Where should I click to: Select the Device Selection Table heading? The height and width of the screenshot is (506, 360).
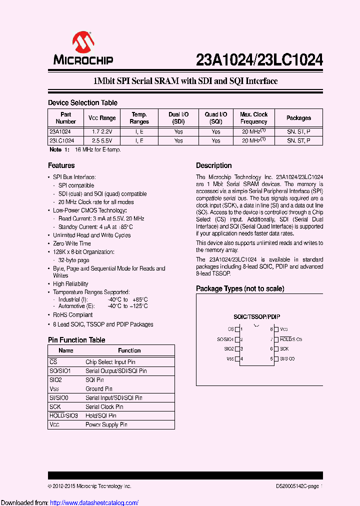[82, 102]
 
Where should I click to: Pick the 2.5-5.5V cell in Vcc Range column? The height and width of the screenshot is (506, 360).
[102, 141]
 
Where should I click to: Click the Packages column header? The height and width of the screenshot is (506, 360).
[298, 118]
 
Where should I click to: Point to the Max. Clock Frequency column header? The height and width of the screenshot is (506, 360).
[253, 118]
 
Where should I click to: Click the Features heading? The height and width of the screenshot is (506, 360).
[61, 165]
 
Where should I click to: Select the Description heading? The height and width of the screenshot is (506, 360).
[213, 165]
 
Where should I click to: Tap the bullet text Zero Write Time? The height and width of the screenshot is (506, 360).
[72, 243]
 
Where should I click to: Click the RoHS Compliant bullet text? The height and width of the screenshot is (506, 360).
[73, 315]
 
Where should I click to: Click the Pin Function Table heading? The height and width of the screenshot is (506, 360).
[76, 340]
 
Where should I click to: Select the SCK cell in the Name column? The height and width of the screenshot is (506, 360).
[55, 407]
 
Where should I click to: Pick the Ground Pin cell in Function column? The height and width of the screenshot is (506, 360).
[99, 389]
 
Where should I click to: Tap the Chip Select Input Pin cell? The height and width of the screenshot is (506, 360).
[110, 362]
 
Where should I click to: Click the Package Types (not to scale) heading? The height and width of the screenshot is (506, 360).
[240, 288]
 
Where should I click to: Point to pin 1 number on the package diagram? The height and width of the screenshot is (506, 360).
[241, 329]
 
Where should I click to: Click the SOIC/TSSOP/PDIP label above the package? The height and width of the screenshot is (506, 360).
[257, 317]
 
